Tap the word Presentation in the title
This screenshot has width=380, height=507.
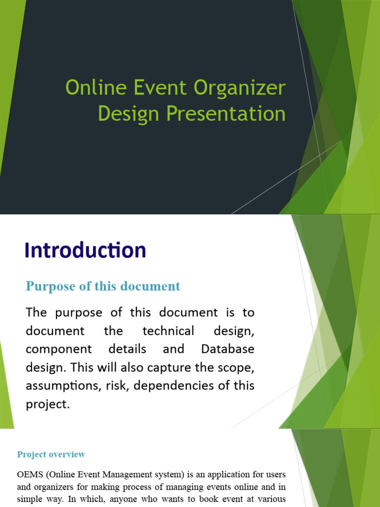click(226, 113)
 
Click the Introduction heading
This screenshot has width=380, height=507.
click(86, 250)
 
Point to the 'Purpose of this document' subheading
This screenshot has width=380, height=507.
click(103, 286)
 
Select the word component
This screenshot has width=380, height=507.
click(59, 349)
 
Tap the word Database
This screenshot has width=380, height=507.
click(228, 349)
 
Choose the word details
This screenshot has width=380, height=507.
click(130, 349)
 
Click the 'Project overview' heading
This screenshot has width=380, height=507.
click(51, 454)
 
